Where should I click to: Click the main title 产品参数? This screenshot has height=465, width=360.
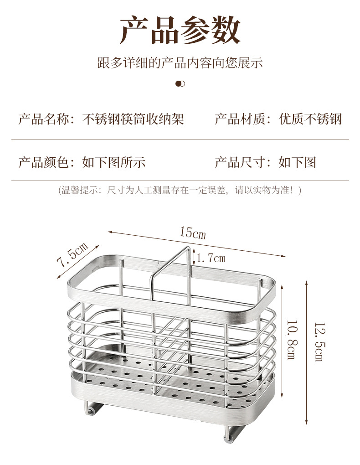coord(180,30)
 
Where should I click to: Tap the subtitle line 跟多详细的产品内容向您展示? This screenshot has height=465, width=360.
coord(180,63)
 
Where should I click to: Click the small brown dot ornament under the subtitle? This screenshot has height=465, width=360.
coord(180,83)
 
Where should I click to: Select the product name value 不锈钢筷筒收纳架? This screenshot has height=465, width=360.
coord(133,119)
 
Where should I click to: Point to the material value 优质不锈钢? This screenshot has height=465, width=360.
coord(310,119)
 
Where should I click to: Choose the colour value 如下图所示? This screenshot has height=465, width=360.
coord(114,162)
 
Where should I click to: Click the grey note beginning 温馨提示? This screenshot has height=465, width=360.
coord(180,190)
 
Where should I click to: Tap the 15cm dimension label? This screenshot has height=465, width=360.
coord(192,232)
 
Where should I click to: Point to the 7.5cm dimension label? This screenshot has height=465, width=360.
coord(72,254)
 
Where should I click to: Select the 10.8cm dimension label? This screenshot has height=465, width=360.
coord(292,340)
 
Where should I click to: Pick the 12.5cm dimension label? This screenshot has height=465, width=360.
coord(319,342)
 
